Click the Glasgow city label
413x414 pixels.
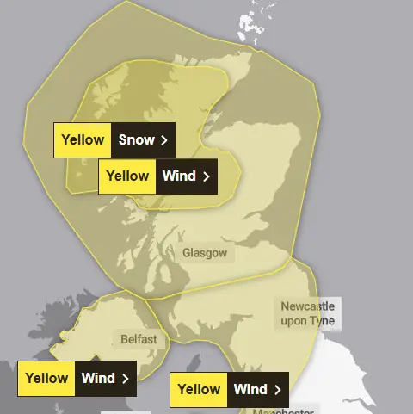[205, 253]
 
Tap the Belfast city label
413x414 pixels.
[139, 339]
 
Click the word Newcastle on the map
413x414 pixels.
[308, 306]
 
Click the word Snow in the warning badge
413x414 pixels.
[136, 139]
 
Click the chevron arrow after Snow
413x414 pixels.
[163, 139]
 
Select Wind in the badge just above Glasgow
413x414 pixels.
[179, 176]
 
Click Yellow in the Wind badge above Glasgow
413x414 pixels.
[127, 176]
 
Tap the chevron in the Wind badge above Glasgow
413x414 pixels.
[206, 176]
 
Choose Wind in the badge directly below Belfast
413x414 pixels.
[98, 378]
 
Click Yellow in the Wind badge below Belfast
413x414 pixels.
[47, 378]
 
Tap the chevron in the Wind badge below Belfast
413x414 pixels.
[126, 378]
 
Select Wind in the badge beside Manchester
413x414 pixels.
[250, 389]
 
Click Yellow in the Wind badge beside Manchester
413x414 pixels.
[200, 389]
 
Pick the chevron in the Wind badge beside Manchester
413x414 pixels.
[277, 389]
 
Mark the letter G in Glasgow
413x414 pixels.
[187, 253]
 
